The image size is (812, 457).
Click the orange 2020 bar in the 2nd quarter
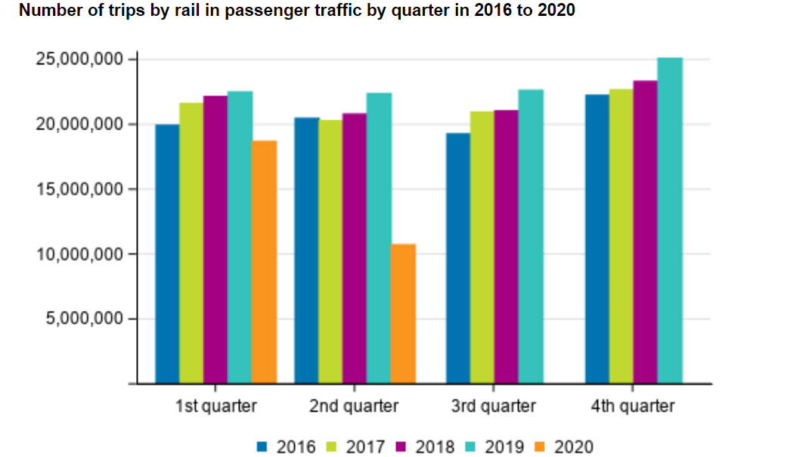point(404,313)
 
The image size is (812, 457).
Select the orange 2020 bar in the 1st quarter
point(264,262)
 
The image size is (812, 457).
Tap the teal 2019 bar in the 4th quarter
point(669,220)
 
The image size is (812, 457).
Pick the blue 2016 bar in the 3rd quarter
point(458,258)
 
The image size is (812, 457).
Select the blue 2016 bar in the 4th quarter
point(597,238)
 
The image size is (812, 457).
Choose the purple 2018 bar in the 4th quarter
point(645,232)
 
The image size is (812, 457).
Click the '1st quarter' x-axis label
point(216,406)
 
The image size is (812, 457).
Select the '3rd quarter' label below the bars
point(494,406)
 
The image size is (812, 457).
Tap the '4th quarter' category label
point(633,406)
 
